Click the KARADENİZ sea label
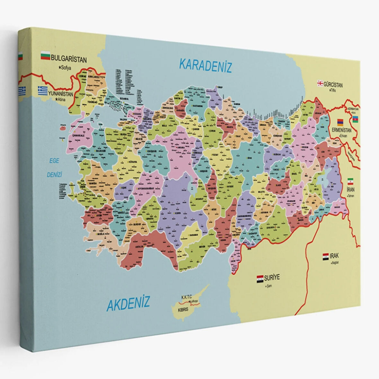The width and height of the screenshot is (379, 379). coord(205,66)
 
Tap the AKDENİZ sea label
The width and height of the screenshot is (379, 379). coord(128,303)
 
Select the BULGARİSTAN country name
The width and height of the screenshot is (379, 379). coord(69,59)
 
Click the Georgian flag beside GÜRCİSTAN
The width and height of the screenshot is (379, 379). coord(320,84)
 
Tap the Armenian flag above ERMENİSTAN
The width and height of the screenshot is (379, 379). coord(340,122)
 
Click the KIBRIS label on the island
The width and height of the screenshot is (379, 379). coord(183,311)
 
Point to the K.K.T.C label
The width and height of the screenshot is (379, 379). coord(187,297)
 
